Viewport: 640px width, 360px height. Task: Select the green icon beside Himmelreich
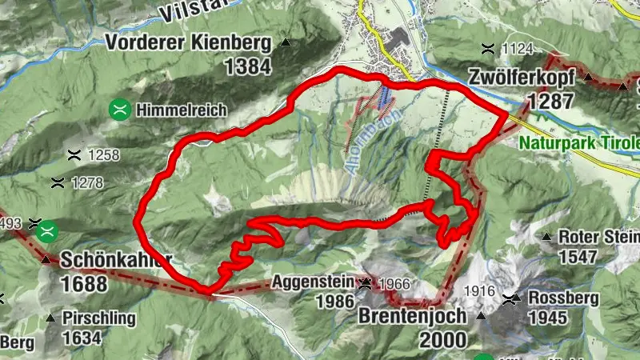120,110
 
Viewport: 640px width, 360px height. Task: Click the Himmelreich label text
181,110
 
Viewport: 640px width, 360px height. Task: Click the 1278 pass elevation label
86,183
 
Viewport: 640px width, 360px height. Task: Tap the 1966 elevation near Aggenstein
394,283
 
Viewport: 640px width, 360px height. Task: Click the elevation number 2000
442,339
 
